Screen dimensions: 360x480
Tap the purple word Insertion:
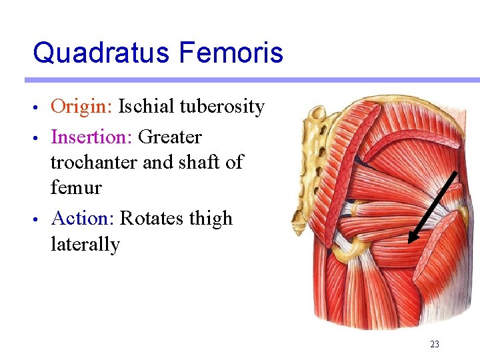click(x=91, y=137)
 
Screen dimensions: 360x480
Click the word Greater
click(x=169, y=137)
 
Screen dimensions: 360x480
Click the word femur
click(x=76, y=188)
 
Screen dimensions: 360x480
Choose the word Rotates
click(x=151, y=219)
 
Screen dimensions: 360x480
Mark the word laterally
click(x=85, y=245)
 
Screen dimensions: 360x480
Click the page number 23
click(x=435, y=345)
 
